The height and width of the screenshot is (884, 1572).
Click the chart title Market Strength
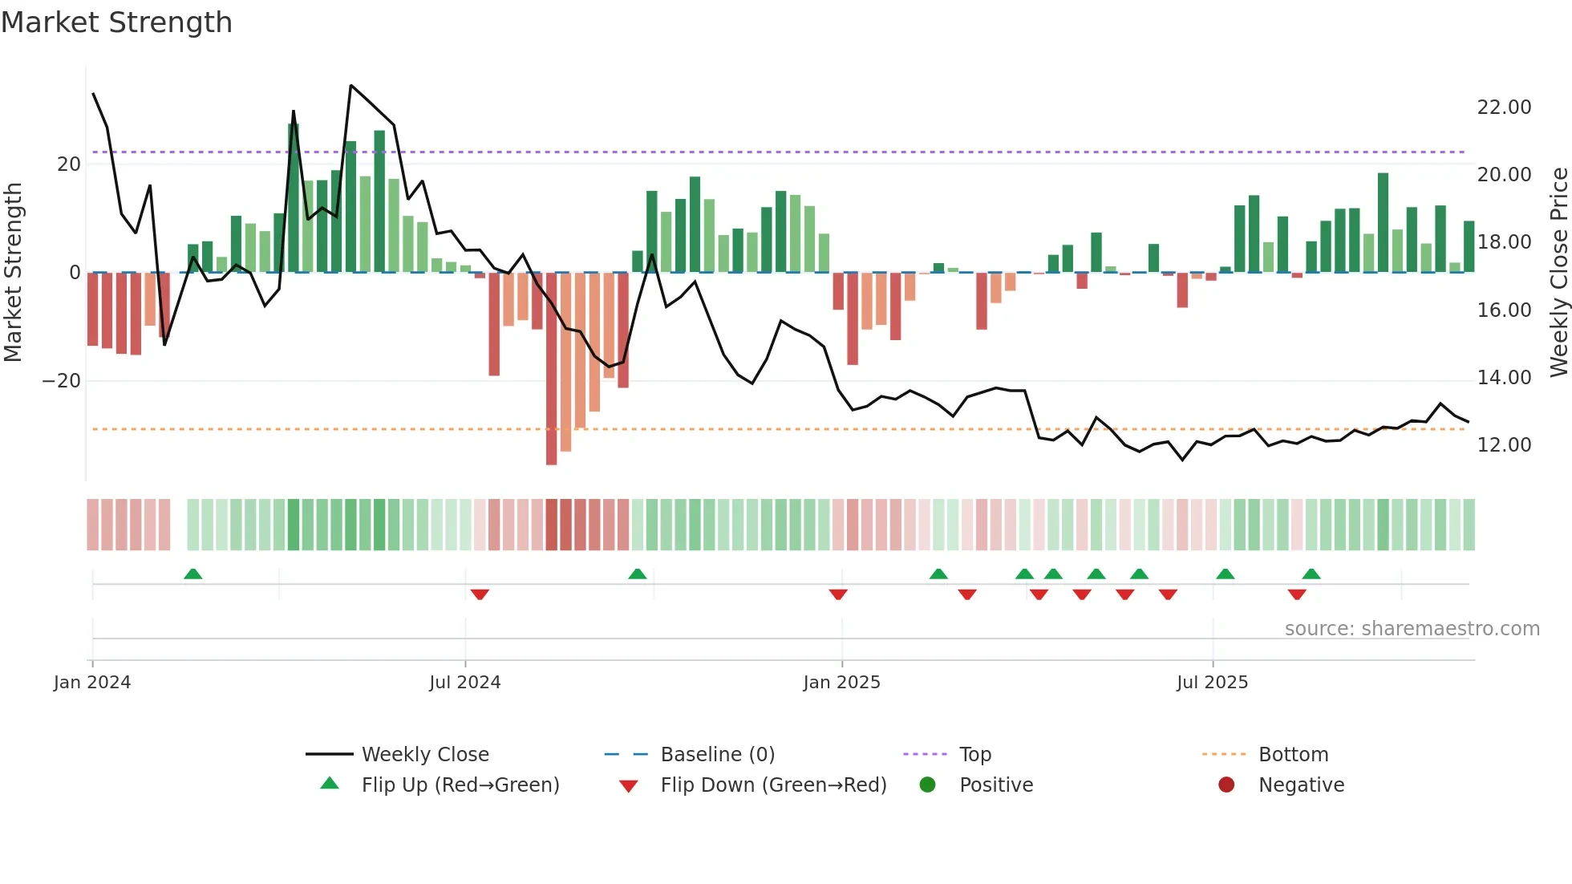click(116, 22)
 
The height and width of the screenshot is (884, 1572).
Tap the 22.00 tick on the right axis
click(1504, 107)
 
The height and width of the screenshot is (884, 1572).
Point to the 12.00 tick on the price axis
click(1504, 445)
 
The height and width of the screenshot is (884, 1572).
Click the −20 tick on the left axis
click(62, 381)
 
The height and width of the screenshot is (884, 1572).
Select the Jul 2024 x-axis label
click(464, 683)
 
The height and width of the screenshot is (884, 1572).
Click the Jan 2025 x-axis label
click(841, 683)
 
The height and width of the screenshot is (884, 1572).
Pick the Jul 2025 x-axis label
click(1212, 683)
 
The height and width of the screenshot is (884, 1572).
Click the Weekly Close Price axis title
click(1558, 273)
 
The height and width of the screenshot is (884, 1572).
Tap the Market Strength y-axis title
click(13, 273)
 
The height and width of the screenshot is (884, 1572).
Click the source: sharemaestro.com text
click(1412, 629)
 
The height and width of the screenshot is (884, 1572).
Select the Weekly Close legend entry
click(424, 755)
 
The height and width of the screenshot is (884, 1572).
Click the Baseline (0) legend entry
click(717, 755)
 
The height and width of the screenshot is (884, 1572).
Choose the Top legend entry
click(974, 755)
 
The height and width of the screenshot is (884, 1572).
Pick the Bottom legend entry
click(1293, 755)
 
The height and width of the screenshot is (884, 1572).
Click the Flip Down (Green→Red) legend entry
click(773, 785)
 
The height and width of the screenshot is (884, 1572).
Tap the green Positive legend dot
click(927, 785)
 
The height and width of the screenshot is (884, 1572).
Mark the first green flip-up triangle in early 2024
click(192, 574)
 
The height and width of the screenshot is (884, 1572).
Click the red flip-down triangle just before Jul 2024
click(480, 594)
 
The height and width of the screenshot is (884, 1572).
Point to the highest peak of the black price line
click(350, 85)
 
